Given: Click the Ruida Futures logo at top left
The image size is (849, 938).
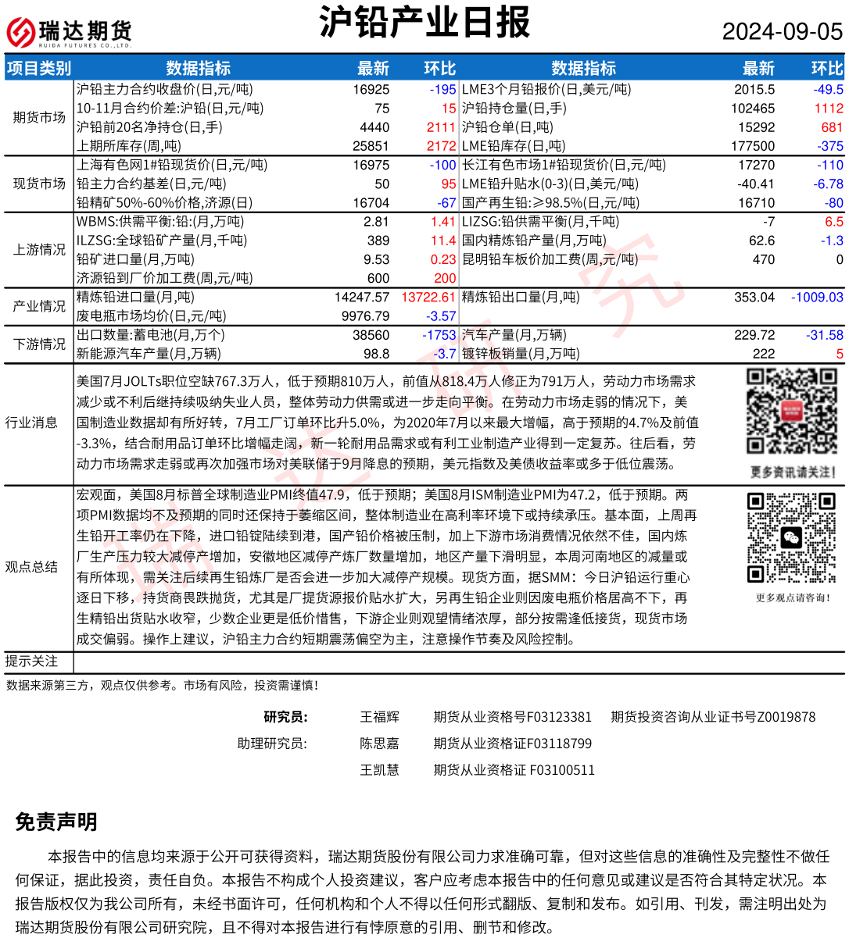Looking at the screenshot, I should [69, 32].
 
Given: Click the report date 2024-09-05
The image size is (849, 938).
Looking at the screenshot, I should [782, 31].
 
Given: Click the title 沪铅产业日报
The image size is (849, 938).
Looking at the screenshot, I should [424, 23].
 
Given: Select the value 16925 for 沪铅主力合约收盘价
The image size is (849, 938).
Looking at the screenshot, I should [371, 90].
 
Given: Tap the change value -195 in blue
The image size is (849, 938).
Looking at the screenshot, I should [442, 90].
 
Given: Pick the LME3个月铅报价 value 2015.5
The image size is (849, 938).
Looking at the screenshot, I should [754, 90].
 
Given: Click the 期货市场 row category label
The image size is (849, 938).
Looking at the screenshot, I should [39, 118].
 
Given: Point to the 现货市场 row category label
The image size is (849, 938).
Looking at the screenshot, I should [39, 184].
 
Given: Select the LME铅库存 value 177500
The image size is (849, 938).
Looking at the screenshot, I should [753, 146].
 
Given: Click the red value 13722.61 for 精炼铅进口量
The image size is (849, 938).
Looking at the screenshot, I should [428, 298].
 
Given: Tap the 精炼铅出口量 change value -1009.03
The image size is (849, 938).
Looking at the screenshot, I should [817, 298].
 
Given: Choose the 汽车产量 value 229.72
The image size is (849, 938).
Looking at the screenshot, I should [754, 335].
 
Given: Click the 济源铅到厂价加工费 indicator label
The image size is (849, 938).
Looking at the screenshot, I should [164, 278].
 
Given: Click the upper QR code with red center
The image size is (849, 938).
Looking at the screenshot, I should [791, 412].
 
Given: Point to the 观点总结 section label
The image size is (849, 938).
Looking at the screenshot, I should [31, 567].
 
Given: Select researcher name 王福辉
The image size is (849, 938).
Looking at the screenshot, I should [379, 717].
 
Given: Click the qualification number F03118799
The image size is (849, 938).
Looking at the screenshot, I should [552, 744].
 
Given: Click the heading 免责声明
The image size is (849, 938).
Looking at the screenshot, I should [56, 822].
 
